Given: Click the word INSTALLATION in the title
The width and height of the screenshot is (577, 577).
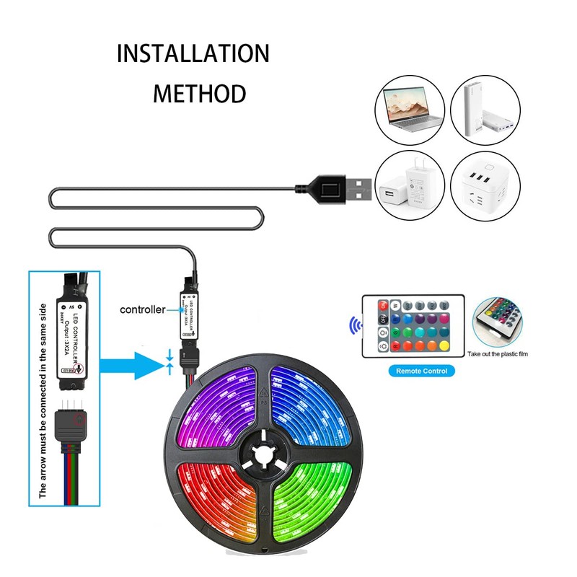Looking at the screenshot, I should click(193, 53).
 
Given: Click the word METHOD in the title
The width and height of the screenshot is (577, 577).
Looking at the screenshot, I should click(200, 93).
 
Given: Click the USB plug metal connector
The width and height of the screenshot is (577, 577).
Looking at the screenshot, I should click(359, 191).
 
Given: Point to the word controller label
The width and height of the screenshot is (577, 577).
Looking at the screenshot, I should click(142, 309).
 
